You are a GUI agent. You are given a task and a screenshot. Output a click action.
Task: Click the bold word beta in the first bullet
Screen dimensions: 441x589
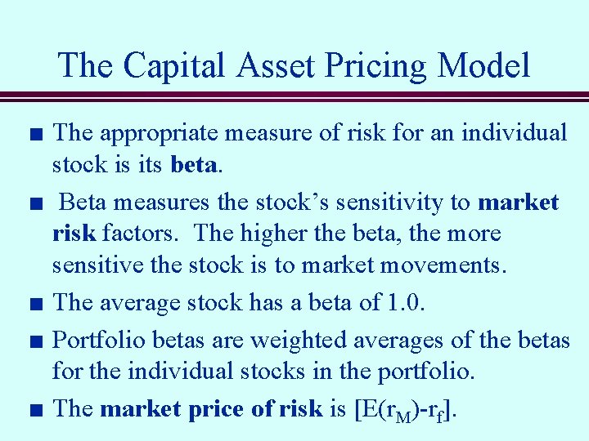point(195,165)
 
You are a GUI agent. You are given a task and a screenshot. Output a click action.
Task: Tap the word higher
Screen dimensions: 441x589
point(278,234)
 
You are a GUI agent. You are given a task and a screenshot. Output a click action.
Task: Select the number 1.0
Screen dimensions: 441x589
point(407,302)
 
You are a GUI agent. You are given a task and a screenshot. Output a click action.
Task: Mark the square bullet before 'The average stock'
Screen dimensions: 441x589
point(35,304)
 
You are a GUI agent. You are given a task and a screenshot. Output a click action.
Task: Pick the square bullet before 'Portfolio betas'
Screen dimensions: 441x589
point(35,340)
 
